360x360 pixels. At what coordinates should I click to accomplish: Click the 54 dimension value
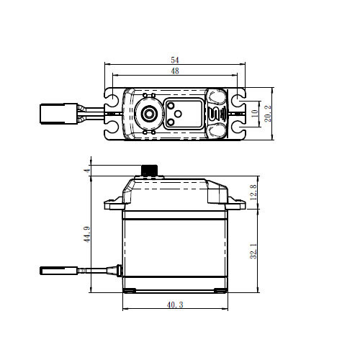click(x=176, y=60)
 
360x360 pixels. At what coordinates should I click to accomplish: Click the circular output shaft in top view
click(x=149, y=113)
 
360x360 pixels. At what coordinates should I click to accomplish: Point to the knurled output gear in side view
click(x=149, y=171)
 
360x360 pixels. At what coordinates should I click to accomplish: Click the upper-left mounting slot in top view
click(x=113, y=96)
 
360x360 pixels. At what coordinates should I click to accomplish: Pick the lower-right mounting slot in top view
click(x=237, y=130)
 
